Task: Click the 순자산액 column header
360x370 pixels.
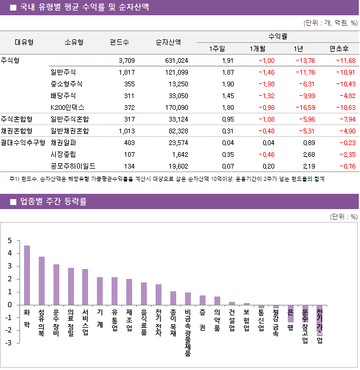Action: coord(168,42)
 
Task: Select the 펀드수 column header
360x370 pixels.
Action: coord(120,42)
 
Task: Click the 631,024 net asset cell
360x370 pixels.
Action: coord(176,60)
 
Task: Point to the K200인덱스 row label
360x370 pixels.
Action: coord(68,107)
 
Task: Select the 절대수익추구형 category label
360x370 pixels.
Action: coord(23,142)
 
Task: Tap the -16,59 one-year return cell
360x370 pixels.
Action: coord(304,107)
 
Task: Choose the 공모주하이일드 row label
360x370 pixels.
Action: coord(73,166)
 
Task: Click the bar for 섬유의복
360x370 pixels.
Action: coord(42,281)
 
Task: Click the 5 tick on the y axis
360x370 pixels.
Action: coord(9,241)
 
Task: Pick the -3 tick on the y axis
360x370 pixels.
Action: coord(8,343)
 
